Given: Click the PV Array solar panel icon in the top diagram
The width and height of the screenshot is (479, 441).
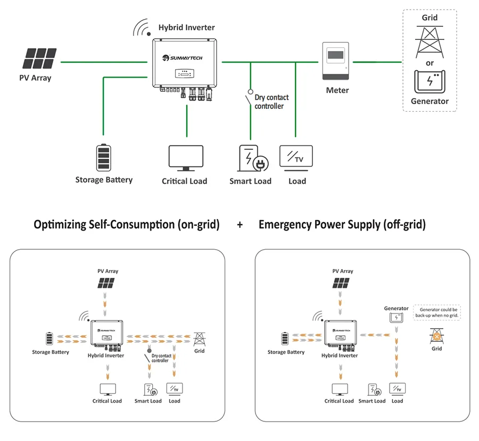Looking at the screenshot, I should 40,59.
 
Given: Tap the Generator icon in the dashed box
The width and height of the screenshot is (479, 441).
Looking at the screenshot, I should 430,81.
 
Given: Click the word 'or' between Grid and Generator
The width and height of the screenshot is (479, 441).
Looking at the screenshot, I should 430,63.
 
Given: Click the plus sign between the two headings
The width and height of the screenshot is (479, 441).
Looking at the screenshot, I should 240,225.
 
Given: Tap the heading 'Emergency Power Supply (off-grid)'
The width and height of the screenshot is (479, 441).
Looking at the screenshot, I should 342,225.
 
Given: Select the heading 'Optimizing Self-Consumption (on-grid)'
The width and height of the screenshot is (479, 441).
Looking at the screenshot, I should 127,225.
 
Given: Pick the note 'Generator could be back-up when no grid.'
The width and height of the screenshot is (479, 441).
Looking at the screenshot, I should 438,312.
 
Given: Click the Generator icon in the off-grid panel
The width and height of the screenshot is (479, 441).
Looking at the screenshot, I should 395,318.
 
